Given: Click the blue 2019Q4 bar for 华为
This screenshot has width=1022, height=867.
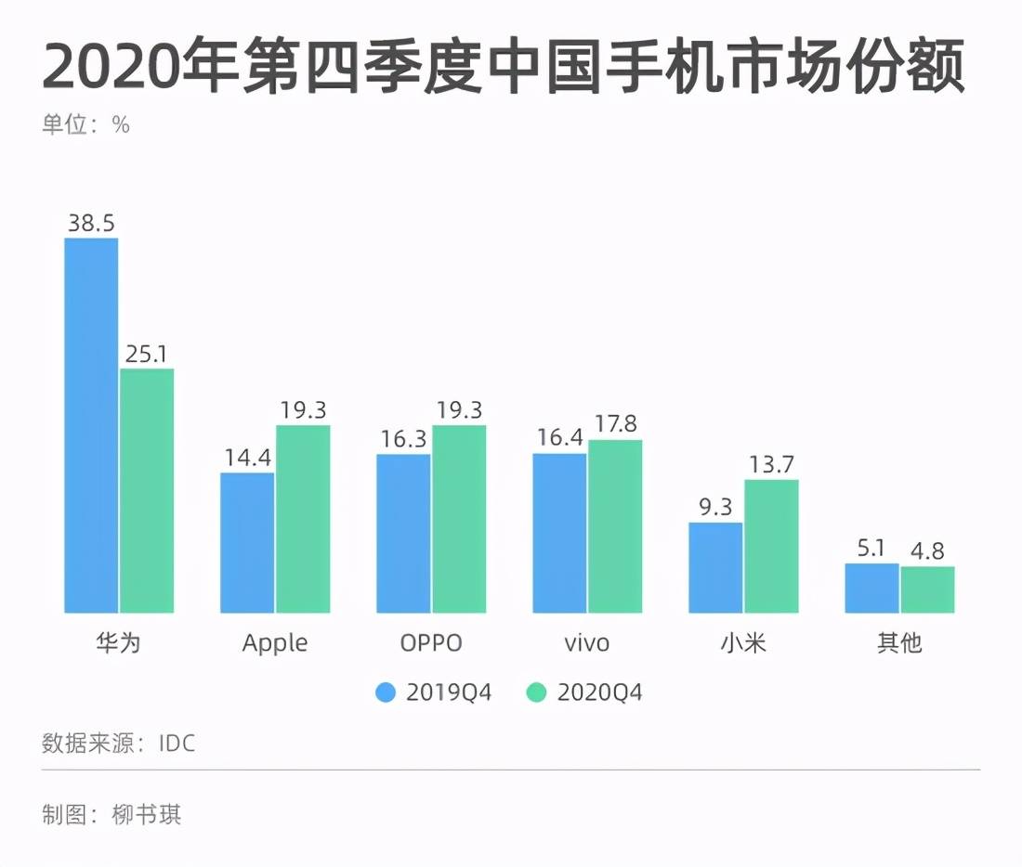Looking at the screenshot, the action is (x=91, y=425).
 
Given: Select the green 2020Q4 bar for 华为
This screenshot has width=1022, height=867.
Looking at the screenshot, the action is (x=147, y=490).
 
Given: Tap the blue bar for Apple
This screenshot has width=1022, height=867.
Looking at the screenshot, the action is (x=247, y=543).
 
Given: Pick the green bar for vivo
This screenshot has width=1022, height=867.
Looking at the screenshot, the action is (x=615, y=526).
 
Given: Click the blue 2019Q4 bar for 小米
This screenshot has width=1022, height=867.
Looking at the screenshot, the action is (x=715, y=567).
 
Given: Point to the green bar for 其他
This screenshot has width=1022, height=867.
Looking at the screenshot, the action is (x=927, y=589).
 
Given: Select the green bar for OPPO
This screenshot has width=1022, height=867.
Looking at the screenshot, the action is (x=459, y=519).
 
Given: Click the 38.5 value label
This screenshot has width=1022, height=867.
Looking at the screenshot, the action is (x=91, y=223).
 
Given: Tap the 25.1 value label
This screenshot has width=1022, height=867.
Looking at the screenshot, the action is (x=147, y=354).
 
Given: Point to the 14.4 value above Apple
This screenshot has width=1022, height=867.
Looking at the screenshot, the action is (x=248, y=458).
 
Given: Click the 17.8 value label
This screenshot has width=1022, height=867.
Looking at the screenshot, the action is (x=615, y=424).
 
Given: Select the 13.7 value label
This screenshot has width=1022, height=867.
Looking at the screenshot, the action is (x=772, y=464).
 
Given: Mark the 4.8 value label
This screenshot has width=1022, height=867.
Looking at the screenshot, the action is (x=927, y=551).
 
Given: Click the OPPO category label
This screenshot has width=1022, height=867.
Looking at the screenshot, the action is (x=431, y=643).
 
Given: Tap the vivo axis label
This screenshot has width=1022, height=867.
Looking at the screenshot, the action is (x=586, y=643).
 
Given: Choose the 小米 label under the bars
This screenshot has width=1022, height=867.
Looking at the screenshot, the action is (x=743, y=643).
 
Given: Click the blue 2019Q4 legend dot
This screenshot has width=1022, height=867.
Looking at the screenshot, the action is (x=386, y=692).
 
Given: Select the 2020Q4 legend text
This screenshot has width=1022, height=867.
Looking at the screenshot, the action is (x=599, y=692).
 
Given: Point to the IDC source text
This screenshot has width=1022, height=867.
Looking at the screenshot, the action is (x=177, y=744).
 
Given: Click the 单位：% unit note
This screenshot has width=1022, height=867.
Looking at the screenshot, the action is (x=86, y=124).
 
